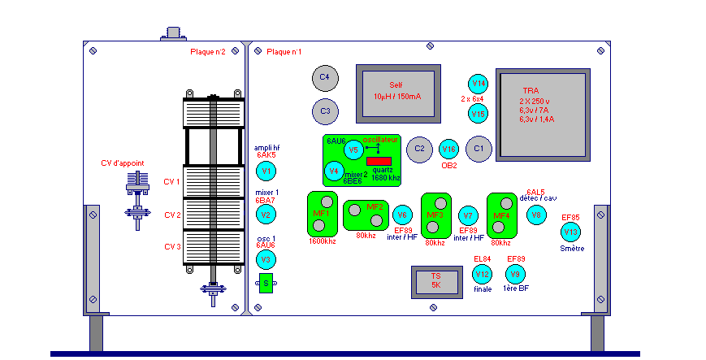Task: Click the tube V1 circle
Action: click(x=265, y=171)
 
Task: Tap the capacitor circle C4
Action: click(x=324, y=77)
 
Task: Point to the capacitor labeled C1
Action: click(x=479, y=149)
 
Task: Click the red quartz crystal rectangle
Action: click(x=379, y=161)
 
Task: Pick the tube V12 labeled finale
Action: click(x=483, y=275)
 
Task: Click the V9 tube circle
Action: click(x=514, y=275)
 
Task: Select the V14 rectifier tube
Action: click(x=479, y=84)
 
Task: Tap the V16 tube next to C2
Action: click(x=448, y=149)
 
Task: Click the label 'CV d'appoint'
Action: click(x=123, y=163)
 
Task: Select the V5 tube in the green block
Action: click(x=352, y=150)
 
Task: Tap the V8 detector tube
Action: click(x=535, y=215)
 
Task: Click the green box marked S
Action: click(x=265, y=283)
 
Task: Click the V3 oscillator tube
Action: click(x=265, y=260)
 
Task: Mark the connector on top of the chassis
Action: click(x=173, y=33)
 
